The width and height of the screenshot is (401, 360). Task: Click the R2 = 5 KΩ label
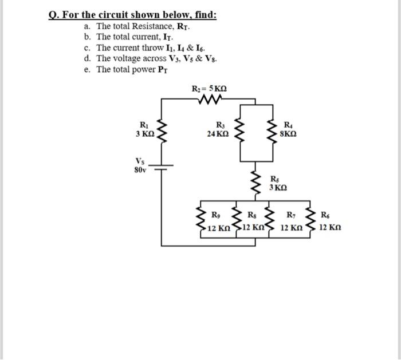click(x=213, y=89)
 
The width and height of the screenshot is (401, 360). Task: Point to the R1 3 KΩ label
click(x=144, y=129)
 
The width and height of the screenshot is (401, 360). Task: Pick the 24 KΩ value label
click(x=218, y=134)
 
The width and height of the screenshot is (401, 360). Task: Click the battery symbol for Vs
click(x=162, y=167)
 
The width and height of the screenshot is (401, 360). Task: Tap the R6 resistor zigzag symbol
click(x=310, y=220)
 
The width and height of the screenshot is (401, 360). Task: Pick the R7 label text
click(x=290, y=215)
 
